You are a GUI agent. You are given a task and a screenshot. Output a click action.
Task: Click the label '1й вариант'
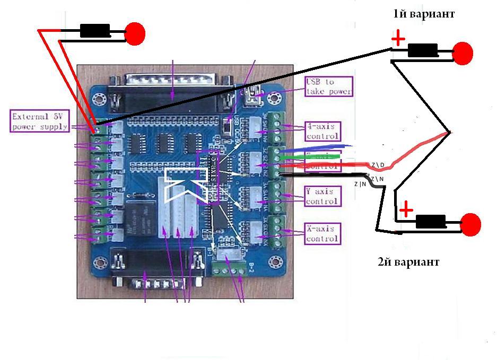(x=423, y=14)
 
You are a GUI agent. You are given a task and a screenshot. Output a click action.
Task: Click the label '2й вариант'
(x=408, y=262)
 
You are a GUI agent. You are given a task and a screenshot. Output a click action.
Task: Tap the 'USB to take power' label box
(x=328, y=86)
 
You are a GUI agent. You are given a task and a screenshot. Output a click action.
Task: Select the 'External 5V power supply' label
(x=40, y=121)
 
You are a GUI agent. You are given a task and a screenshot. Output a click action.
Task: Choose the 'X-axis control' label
(x=322, y=233)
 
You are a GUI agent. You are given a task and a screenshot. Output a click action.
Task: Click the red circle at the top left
(x=135, y=33)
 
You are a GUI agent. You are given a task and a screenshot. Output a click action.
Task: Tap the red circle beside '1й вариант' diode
(x=463, y=52)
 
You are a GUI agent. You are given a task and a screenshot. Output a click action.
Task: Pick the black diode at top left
(x=94, y=31)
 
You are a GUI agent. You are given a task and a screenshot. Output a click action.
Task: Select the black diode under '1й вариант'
(x=423, y=51)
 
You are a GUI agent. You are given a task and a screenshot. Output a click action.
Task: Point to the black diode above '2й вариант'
(x=430, y=221)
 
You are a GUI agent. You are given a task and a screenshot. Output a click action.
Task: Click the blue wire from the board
(x=318, y=146)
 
